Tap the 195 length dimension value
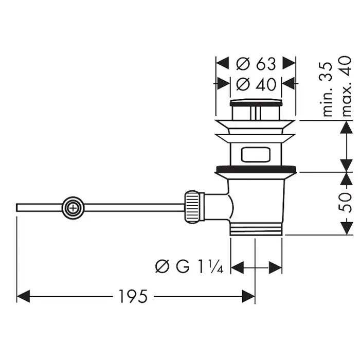click(x=133, y=296)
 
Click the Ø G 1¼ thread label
click(x=189, y=266)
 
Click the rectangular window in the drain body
click(x=256, y=154)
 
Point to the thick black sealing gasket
click(x=256, y=168)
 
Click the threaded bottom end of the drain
click(x=256, y=229)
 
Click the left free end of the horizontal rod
click(x=19, y=207)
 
